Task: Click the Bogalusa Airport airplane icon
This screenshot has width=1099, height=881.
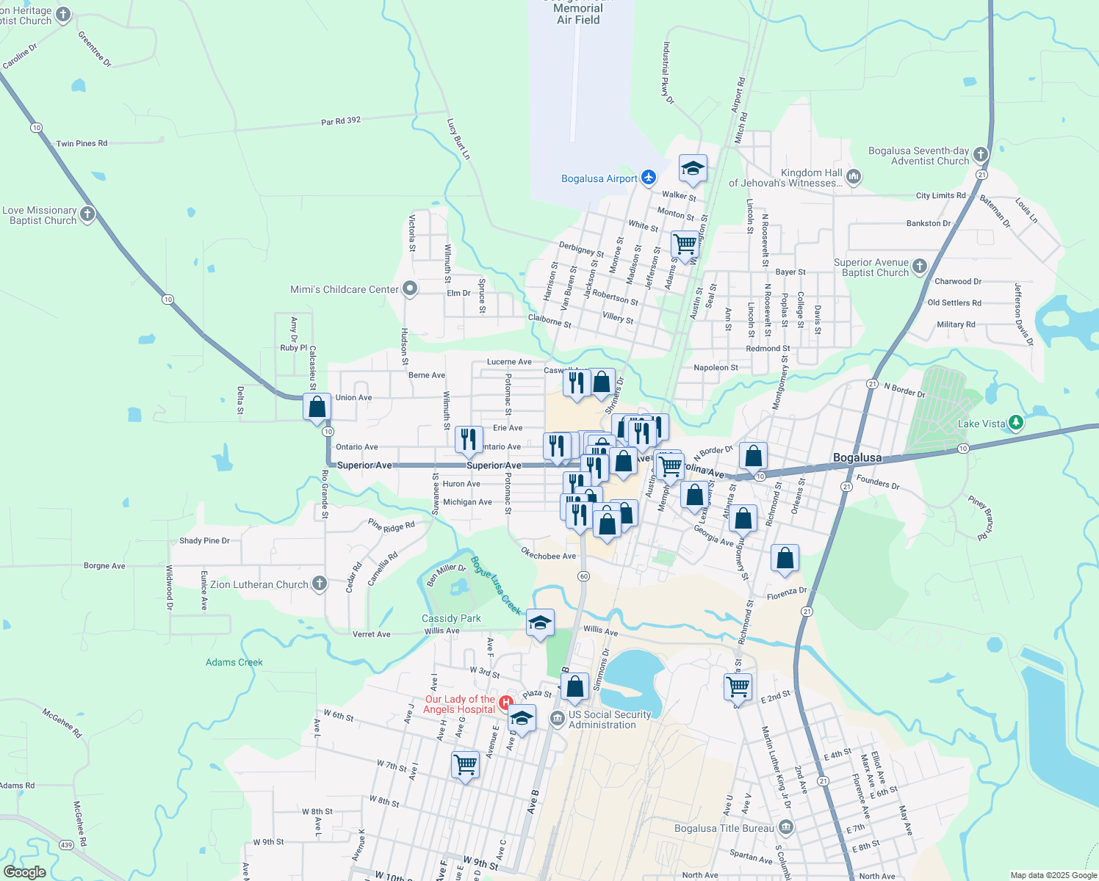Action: pyautogui.click(x=648, y=178)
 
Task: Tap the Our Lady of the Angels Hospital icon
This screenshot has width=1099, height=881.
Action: pyautogui.click(x=505, y=703)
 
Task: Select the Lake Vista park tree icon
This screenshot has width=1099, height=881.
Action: pyautogui.click(x=1016, y=423)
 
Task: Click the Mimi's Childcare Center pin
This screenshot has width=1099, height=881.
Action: pyautogui.click(x=410, y=289)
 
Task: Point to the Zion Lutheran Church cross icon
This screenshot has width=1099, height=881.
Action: pyautogui.click(x=319, y=584)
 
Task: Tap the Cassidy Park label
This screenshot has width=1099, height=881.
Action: pyautogui.click(x=451, y=618)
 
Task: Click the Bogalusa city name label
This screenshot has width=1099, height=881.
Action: pyautogui.click(x=857, y=457)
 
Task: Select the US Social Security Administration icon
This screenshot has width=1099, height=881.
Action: pyautogui.click(x=557, y=719)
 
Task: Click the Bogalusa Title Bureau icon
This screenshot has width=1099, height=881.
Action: pyautogui.click(x=786, y=828)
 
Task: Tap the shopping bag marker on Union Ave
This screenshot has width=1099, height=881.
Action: pyautogui.click(x=317, y=407)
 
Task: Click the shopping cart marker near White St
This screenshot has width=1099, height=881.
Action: pyautogui.click(x=685, y=243)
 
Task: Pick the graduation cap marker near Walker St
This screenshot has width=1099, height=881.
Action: pyautogui.click(x=693, y=170)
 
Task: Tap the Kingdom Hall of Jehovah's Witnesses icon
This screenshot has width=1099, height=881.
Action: pyautogui.click(x=854, y=176)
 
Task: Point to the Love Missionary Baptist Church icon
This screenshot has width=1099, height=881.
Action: pyautogui.click(x=87, y=214)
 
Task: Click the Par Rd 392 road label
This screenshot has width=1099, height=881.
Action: pyautogui.click(x=341, y=121)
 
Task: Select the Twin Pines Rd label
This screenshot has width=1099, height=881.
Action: pyautogui.click(x=82, y=144)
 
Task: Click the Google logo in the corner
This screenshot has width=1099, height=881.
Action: pyautogui.click(x=25, y=872)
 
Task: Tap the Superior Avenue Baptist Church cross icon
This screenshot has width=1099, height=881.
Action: pyautogui.click(x=920, y=267)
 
